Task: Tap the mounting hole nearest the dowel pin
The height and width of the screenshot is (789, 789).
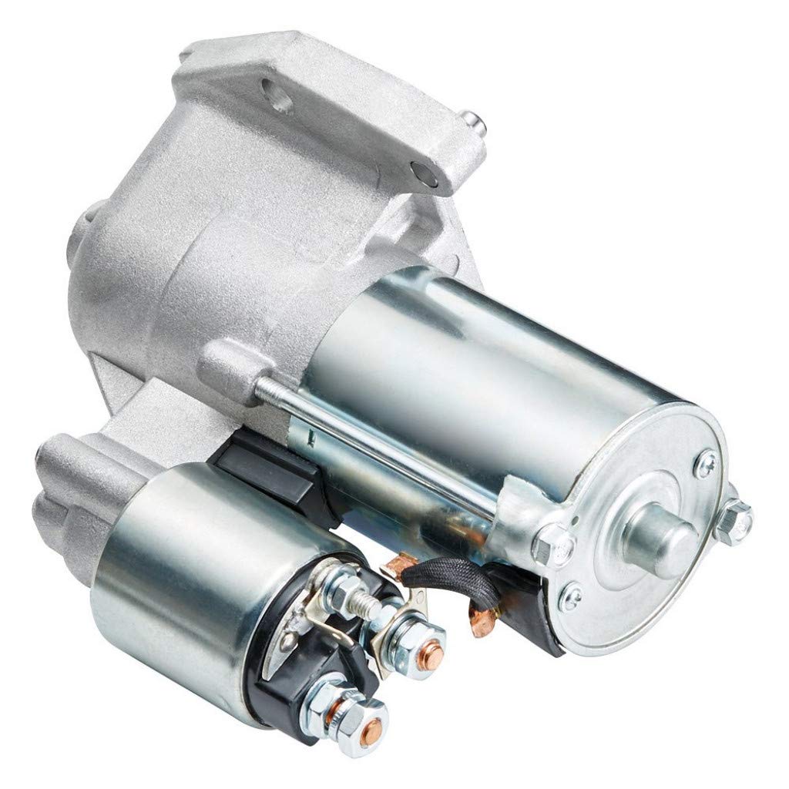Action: pos(423,172)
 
